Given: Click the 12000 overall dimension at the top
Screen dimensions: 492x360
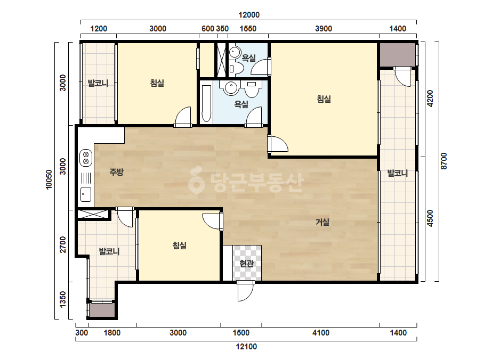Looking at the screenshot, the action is [249, 15].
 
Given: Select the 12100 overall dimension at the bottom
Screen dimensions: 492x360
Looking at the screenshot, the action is [246, 347].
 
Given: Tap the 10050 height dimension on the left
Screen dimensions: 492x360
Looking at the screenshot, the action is [49, 179].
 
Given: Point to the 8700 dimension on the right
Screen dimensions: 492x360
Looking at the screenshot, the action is [443, 161].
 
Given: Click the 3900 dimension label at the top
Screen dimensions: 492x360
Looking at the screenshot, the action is [324, 29].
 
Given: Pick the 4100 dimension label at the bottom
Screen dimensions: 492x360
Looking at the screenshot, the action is [321, 333].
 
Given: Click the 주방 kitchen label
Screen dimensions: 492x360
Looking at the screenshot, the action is [116, 172].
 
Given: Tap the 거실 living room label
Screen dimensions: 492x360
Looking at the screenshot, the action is [322, 222].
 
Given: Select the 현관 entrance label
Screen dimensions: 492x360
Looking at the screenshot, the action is [246, 264].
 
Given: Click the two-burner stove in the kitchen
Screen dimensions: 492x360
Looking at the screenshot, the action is [86, 158].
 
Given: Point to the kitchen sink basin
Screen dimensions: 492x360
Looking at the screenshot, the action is [86, 194].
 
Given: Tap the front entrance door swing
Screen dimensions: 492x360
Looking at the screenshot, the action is [245, 291].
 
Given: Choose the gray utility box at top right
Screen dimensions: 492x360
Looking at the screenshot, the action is [397, 54].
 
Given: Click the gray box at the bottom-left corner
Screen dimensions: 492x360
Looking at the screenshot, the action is [102, 310].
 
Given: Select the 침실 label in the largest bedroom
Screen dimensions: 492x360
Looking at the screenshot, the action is [324, 99].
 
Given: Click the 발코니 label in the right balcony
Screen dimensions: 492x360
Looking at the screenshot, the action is [397, 173].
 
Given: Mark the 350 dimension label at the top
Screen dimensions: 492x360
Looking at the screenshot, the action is [222, 29].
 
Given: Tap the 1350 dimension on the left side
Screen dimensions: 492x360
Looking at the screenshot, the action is [63, 299].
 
